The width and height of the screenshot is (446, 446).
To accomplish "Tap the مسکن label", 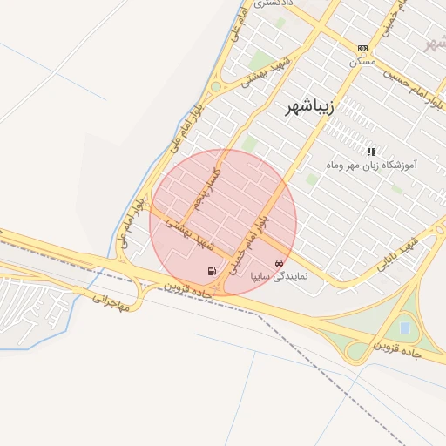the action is click(x=362, y=63).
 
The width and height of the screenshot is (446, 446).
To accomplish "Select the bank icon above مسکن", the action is click(x=362, y=48).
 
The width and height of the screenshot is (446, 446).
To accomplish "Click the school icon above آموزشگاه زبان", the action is click(x=372, y=151).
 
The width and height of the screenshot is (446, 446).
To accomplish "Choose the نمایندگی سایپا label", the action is click(x=279, y=276).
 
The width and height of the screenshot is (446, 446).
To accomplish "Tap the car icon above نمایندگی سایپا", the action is click(x=279, y=263).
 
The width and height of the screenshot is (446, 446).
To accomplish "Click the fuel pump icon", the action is click(x=213, y=271).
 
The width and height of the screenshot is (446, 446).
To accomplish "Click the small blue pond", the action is click(x=404, y=328).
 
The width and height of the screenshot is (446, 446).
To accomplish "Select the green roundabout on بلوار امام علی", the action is click(x=215, y=86).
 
